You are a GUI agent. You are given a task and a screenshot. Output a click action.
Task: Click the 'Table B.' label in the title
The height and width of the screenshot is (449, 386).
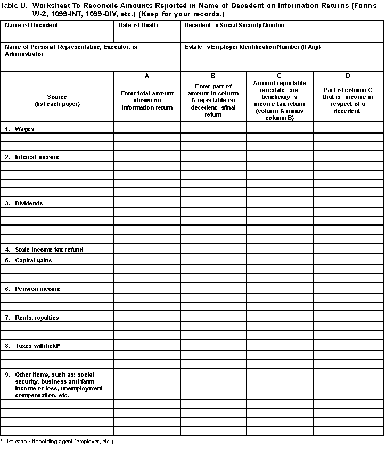pos(14,5)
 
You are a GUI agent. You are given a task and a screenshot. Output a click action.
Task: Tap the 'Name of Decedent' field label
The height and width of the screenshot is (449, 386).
pos(31,25)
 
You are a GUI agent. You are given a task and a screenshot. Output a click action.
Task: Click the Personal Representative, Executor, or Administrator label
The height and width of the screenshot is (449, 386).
pos(71,50)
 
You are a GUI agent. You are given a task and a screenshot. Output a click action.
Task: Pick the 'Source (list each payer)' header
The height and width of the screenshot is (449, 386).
pos(57,100)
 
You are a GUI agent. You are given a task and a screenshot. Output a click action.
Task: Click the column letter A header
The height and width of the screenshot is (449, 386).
pos(147,76)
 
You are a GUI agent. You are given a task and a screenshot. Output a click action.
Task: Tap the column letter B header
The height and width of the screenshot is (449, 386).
pos(213,76)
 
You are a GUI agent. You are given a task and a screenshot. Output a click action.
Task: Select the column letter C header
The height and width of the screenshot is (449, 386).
pos(279,76)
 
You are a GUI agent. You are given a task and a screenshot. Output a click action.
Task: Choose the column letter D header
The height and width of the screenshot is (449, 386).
pos(348,76)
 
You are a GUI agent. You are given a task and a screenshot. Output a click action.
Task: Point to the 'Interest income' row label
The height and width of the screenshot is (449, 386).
pos(32,157)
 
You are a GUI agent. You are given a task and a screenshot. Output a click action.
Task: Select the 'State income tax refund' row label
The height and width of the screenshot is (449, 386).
pos(44,250)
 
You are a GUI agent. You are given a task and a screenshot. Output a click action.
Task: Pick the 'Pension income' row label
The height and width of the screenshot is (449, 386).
pos(33,289)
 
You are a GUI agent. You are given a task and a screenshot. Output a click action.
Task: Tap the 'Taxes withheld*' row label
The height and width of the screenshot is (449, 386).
pos(32,346)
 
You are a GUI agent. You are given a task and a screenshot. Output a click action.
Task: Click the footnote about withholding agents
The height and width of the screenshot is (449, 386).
pos(57,442)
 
